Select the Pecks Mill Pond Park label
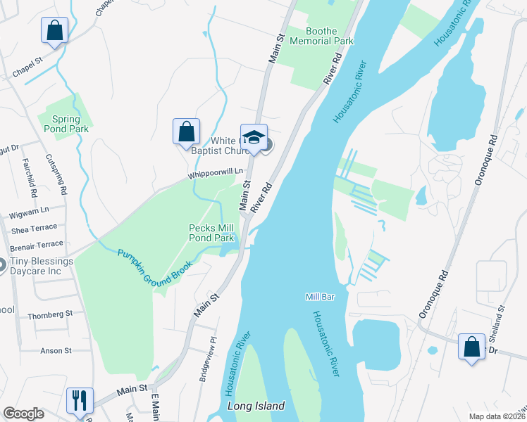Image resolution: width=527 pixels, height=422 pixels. coord(211,233)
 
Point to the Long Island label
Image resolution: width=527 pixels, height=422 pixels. coord(256,407)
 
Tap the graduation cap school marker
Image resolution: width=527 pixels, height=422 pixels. coord(254,136)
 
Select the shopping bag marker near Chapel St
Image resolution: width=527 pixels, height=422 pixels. coord(55,30)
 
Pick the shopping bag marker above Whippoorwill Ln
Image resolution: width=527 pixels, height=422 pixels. coord(186,131)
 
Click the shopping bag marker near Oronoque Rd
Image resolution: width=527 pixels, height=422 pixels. coord(471,347)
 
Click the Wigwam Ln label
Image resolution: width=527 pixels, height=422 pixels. coord(30,210)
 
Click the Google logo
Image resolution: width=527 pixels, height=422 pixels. coord(23,414)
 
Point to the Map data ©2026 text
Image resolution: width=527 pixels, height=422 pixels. coord(496,416)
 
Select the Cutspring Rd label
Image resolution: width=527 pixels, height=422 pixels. coord(56,174)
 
